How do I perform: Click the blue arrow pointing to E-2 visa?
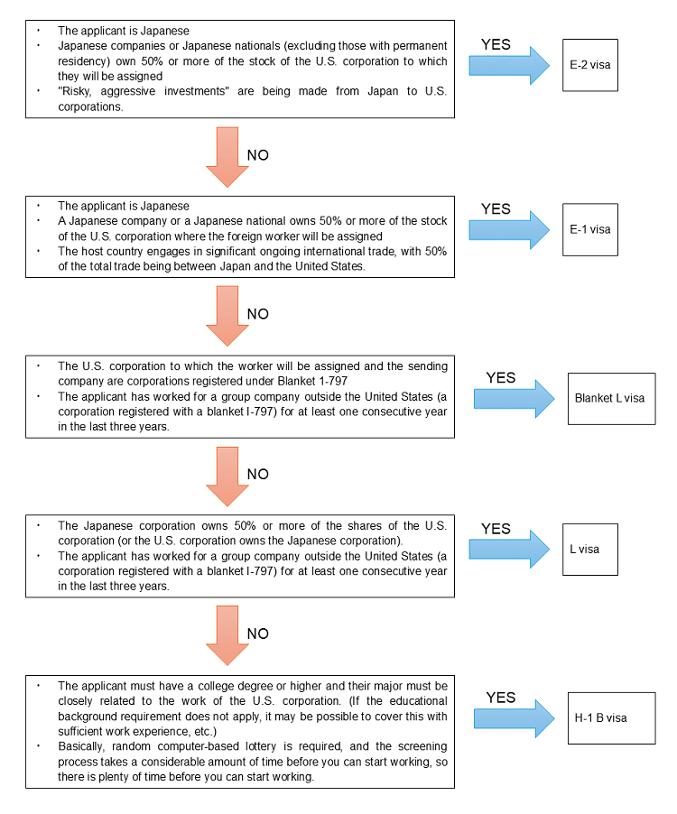[x=509, y=65]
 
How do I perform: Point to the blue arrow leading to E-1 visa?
[x=509, y=230]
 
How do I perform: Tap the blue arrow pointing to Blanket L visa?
[x=514, y=399]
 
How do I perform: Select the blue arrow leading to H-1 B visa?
[x=514, y=718]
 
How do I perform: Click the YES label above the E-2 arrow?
[x=496, y=44]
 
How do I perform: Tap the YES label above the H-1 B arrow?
[x=501, y=698]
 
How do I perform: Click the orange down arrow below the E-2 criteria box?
[x=227, y=157]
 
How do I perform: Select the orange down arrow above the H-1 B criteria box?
[x=227, y=635]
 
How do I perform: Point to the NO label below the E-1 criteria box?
[x=257, y=314]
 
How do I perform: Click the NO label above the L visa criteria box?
[x=257, y=474]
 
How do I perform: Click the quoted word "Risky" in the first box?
[x=75, y=91]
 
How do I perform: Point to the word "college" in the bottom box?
[x=216, y=686]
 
